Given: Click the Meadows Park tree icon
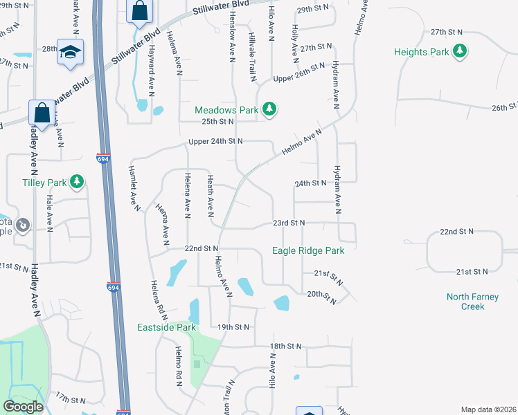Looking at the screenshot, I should tap(270, 109).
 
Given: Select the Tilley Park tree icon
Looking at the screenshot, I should tap(78, 183).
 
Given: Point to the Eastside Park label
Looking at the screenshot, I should tap(167, 327).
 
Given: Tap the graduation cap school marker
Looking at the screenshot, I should tap(70, 53).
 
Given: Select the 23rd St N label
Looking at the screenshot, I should tap(289, 223).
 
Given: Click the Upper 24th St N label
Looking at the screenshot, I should tap(216, 141).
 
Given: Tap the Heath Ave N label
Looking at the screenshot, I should tap(210, 195).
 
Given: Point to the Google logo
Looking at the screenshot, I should tap(24, 407).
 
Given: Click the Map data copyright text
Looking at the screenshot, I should tap(488, 409).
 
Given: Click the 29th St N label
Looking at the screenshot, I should tap(313, 10).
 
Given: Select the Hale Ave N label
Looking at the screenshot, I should tap(49, 212).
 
